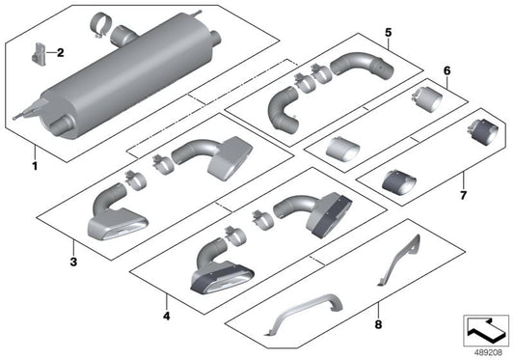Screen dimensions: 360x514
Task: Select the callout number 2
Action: [60, 52]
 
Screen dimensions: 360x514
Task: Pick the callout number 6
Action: [446, 71]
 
